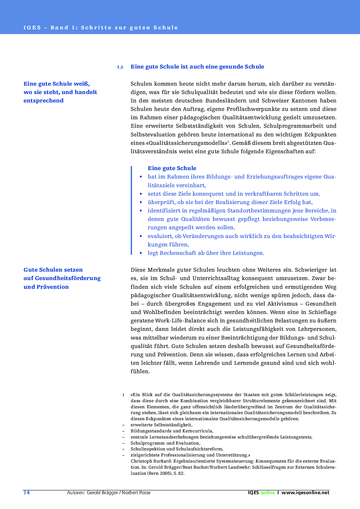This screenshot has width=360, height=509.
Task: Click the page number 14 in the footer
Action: pos(27,492)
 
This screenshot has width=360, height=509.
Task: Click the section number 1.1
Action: pos(120,67)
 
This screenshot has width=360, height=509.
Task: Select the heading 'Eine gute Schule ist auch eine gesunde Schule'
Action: pos(197,67)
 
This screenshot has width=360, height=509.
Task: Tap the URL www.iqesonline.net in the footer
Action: pos(305,492)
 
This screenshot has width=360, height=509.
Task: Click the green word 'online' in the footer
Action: pos(267,492)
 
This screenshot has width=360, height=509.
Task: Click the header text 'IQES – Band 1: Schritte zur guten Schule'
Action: pos(100,28)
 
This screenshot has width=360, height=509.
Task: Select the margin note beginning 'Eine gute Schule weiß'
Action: pos(60,92)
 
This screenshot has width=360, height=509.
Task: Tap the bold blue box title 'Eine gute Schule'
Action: pos(172,168)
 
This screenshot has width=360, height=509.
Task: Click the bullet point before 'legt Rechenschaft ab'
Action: pos(141,253)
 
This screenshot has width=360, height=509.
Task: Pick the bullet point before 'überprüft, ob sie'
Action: pos(141,202)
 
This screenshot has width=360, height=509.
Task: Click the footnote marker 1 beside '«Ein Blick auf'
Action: pos(123,395)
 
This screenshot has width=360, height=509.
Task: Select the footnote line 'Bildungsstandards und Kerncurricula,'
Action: pos(172,431)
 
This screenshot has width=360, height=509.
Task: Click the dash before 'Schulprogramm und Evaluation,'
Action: pos(123,443)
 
